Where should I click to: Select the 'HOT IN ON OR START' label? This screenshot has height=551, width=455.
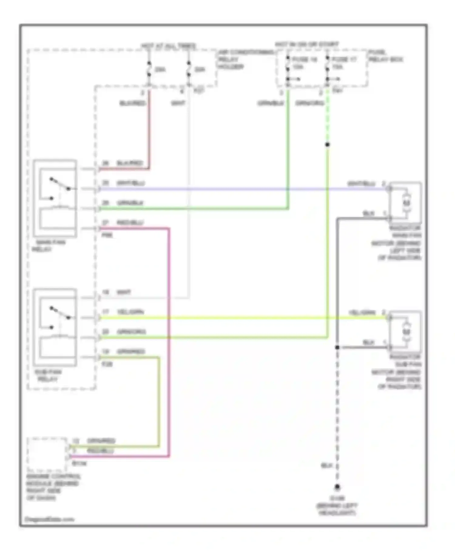pyautogui.click(x=307, y=44)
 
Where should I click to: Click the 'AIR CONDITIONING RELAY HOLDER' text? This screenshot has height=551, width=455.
pyautogui.click(x=245, y=60)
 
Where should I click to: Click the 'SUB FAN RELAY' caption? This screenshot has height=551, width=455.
pyautogui.click(x=48, y=375)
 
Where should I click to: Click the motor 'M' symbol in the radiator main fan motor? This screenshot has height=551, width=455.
pyautogui.click(x=406, y=203)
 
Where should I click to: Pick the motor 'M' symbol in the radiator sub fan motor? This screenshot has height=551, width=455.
pyautogui.click(x=406, y=332)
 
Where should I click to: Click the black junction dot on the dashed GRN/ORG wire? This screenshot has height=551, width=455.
pyautogui.click(x=327, y=145)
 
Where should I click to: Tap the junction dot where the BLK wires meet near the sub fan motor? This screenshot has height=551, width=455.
pyautogui.click(x=337, y=347)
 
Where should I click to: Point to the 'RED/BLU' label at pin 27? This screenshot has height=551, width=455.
pyautogui.click(x=130, y=222)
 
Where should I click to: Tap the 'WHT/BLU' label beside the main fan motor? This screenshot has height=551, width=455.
pyautogui.click(x=361, y=184)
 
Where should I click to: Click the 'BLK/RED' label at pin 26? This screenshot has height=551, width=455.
pyautogui.click(x=130, y=163)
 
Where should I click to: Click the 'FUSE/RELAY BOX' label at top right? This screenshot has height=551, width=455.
pyautogui.click(x=385, y=56)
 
